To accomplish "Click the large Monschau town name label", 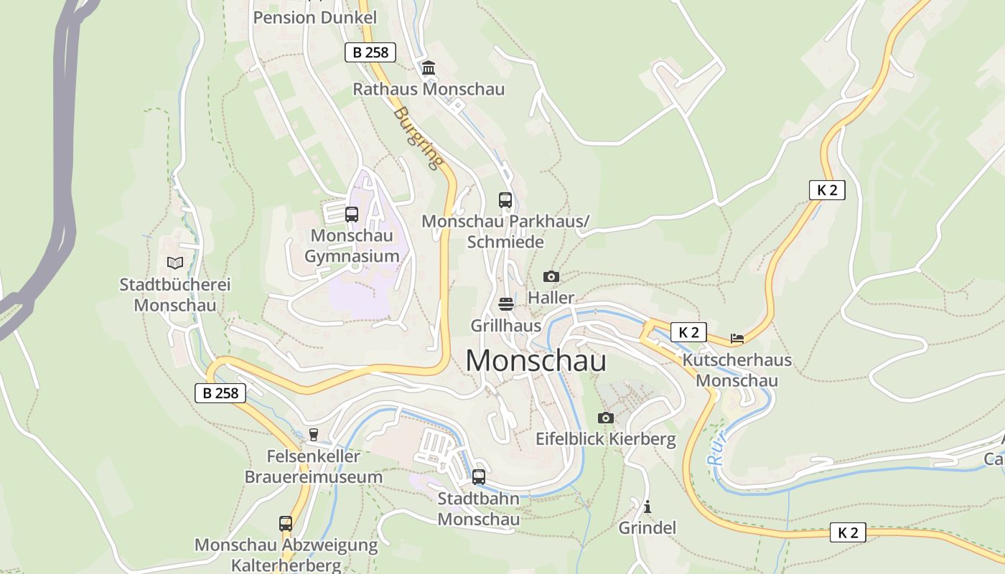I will click(x=536, y=361).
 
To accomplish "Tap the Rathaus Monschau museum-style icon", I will click(x=429, y=68).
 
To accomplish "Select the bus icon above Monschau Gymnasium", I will click(x=352, y=214).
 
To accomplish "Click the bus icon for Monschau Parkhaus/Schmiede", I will click(x=505, y=200).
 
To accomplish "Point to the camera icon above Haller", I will click(x=551, y=276).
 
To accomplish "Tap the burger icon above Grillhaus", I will click(x=506, y=304).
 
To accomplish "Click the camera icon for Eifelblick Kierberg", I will click(x=606, y=418).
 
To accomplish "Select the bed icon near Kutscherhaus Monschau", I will click(x=737, y=338).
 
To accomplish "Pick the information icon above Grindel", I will click(x=648, y=507).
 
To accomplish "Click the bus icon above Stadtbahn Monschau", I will click(x=479, y=476).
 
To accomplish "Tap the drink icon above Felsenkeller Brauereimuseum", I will click(x=314, y=434).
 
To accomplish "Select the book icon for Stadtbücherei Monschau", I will click(x=175, y=263).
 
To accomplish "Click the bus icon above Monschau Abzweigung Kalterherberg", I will click(x=286, y=524).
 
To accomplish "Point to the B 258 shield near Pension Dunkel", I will click(x=370, y=52).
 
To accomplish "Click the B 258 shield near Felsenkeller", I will click(x=220, y=392).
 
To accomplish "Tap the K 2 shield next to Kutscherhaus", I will click(x=688, y=332).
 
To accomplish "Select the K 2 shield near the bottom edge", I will click(x=848, y=532).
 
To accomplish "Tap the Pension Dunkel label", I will click(x=314, y=17).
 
